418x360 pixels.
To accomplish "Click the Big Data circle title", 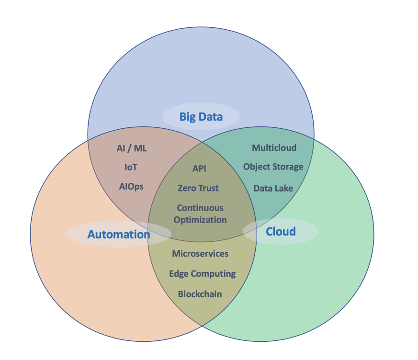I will pos(201,116).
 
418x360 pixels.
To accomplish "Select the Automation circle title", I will pos(118,234).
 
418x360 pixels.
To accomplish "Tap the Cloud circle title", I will pos(281,231).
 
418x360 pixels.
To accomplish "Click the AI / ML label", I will pos(132,148).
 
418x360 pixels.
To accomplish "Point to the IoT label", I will pos(131,168).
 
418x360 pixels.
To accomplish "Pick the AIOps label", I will pos(131,186).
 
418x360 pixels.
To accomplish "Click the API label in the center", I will pos(199,169).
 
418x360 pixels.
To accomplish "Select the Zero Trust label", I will pos(198,188).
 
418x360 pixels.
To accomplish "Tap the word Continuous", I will pos(200,208).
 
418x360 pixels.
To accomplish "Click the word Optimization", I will pos(200,220).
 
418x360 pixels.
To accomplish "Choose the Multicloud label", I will pos(274,148).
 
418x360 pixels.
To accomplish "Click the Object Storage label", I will pos(273,167).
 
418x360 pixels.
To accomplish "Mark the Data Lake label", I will pos(273,188).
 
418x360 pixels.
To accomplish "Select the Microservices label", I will pos(200,254).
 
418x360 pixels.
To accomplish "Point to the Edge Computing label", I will pos(202,274).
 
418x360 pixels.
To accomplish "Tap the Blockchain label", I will pos(200,294).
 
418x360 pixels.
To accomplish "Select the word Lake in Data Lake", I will pos(284,188).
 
